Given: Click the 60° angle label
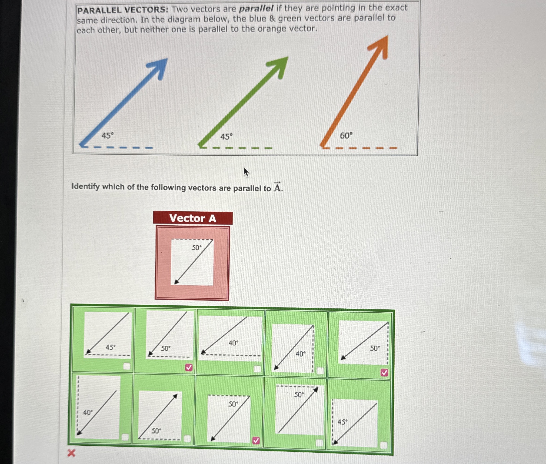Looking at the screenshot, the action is (346, 136).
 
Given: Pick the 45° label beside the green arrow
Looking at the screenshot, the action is (226, 137).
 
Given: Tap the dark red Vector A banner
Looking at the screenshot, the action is (193, 218).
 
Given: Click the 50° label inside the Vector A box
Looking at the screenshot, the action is (196, 247).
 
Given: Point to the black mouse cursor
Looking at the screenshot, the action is (246, 172).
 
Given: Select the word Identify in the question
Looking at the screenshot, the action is (86, 187).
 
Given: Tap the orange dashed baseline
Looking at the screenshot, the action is (360, 148).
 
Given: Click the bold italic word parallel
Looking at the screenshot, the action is (256, 9).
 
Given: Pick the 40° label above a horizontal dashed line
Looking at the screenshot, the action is (233, 343).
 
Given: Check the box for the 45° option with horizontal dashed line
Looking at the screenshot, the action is (127, 366).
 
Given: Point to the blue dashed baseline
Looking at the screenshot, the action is (117, 147).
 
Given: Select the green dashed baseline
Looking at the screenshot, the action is (236, 148).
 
